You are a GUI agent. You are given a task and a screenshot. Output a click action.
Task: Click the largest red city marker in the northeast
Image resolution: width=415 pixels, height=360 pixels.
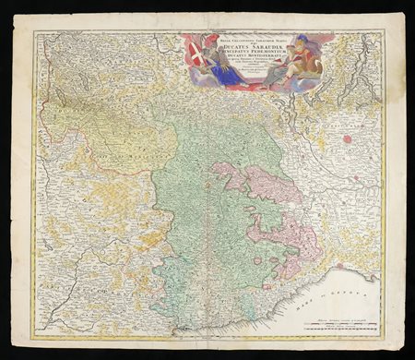349,139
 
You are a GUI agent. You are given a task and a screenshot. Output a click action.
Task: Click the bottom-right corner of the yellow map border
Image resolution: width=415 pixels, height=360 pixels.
382,333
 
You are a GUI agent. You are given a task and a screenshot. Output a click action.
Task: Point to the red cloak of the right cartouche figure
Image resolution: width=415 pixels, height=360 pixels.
295,65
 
